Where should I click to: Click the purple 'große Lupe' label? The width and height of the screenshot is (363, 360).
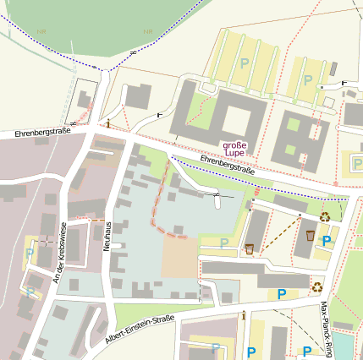(234, 149)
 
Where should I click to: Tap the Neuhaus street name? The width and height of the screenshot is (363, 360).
(107, 229)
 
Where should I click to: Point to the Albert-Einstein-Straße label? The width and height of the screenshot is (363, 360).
(140, 330)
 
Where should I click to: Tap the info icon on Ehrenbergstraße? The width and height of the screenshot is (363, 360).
(108, 124)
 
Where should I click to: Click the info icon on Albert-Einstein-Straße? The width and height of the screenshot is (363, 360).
(244, 315)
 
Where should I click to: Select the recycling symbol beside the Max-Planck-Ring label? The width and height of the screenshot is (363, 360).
(317, 286)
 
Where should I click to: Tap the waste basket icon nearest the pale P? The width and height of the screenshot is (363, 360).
(249, 248)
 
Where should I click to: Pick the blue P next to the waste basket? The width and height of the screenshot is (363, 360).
(327, 241)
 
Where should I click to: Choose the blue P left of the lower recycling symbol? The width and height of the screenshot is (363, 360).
(282, 294)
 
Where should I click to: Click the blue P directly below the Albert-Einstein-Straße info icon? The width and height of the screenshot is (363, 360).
(250, 351)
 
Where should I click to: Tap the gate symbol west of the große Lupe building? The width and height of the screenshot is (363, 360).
(160, 112)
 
